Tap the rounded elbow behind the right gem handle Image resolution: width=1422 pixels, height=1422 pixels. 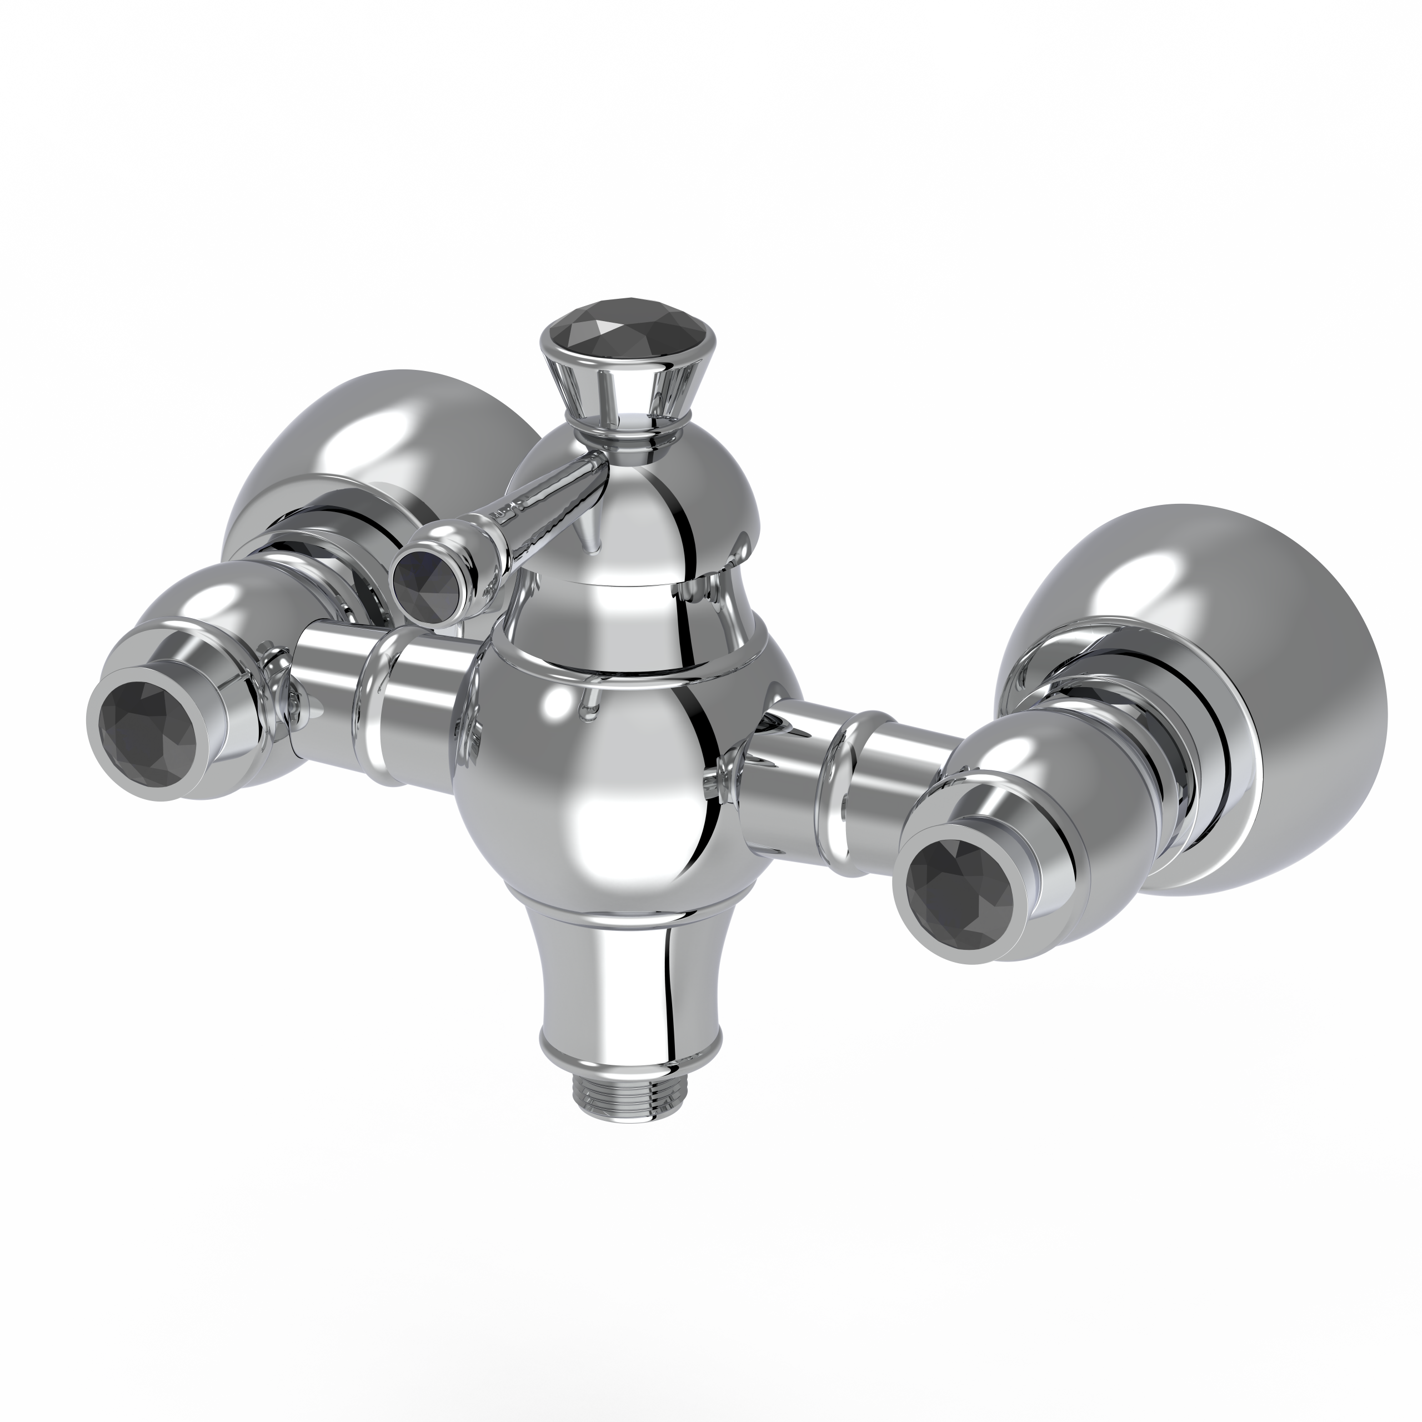[x=1045, y=765]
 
